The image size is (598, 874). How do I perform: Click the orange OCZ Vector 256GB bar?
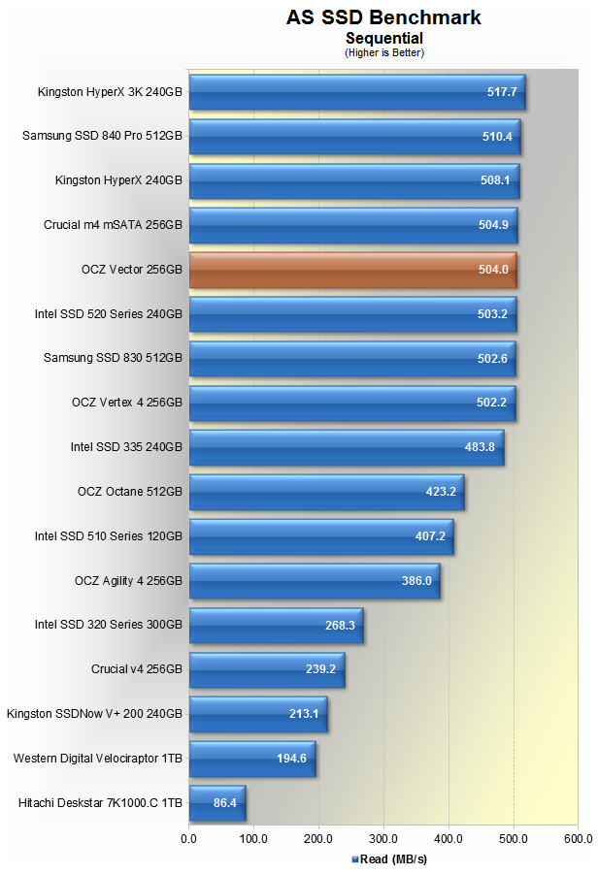click(x=351, y=271)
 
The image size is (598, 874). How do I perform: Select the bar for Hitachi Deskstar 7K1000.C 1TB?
click(x=216, y=803)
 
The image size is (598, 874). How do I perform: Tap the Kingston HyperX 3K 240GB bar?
click(x=355, y=93)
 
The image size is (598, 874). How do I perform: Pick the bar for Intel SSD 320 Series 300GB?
click(x=276, y=626)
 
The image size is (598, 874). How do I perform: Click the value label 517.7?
click(x=501, y=93)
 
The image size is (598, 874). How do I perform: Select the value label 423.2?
click(x=441, y=492)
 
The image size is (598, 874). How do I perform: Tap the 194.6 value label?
click(x=291, y=759)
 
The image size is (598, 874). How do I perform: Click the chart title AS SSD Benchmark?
click(x=383, y=17)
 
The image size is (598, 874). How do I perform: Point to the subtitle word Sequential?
click(x=383, y=38)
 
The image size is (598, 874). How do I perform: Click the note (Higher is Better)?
click(x=383, y=52)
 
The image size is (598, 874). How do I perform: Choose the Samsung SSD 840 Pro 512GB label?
click(x=102, y=137)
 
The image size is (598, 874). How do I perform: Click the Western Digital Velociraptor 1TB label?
click(x=97, y=759)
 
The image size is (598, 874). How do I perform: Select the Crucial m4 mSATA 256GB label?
click(x=113, y=226)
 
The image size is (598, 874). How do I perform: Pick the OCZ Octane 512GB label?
click(x=129, y=492)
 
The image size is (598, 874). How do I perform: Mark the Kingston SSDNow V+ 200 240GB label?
click(x=94, y=714)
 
